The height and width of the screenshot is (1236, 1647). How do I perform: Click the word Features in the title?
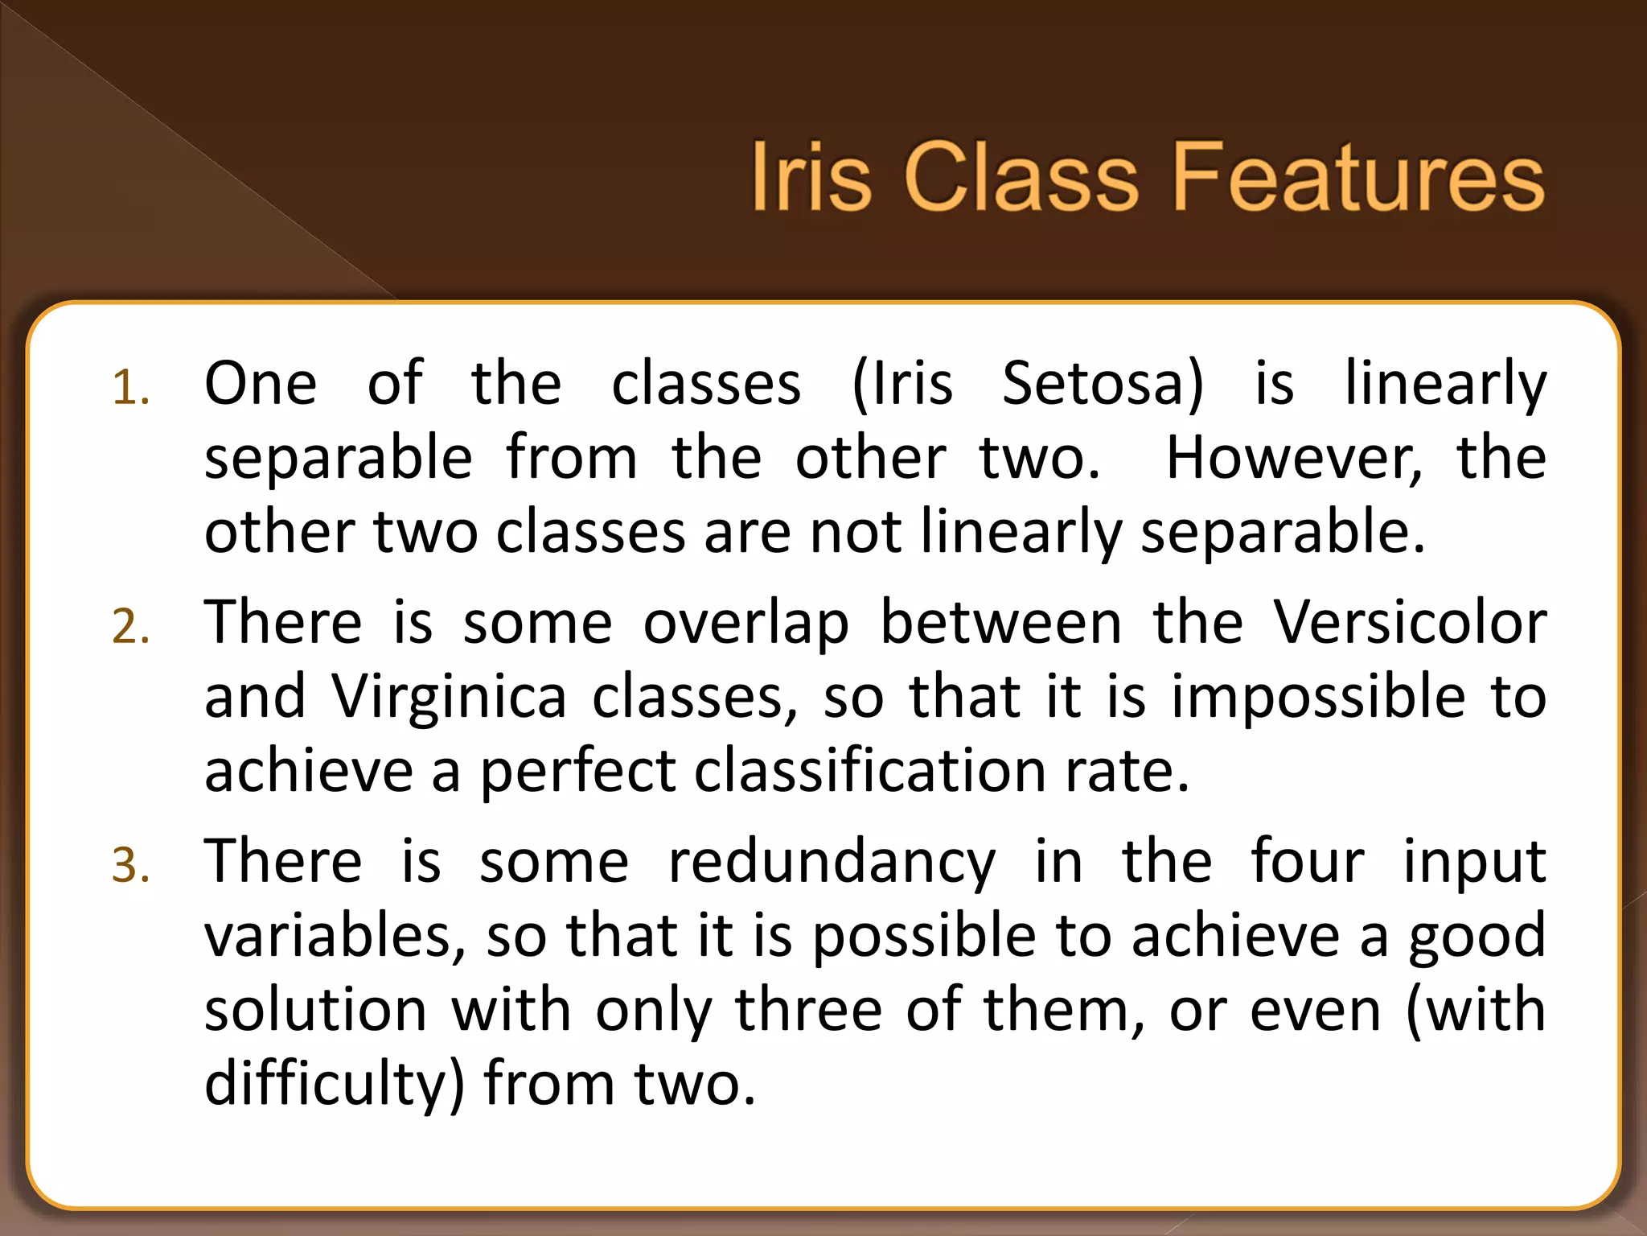[1358, 177]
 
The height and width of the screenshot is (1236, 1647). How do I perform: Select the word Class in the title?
[1021, 177]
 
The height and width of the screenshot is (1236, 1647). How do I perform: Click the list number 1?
[130, 389]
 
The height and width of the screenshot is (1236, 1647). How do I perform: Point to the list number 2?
[130, 627]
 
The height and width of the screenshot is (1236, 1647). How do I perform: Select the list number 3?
[130, 866]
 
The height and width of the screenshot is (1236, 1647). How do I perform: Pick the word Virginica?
[450, 696]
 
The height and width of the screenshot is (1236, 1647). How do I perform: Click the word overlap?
[745, 624]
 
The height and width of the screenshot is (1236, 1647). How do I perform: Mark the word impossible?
[1318, 696]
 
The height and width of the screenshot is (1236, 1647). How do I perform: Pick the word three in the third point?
[809, 1009]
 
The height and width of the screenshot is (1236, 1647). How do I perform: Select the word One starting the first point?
[261, 383]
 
